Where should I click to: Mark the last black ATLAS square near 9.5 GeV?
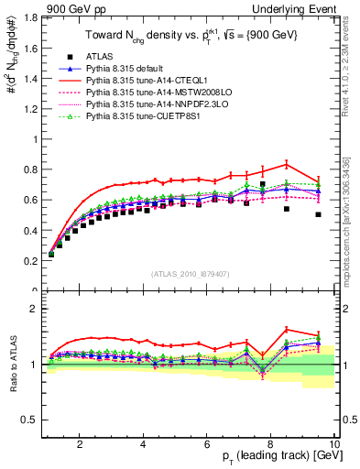pos(318,214)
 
